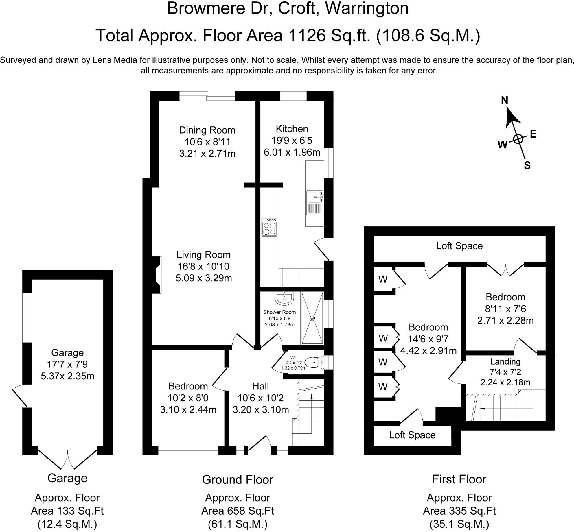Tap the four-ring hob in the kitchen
[x=269, y=228]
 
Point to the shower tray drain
[x=312, y=318]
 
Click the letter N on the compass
[x=504, y=100]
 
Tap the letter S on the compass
[x=527, y=166]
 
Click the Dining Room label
[x=207, y=130]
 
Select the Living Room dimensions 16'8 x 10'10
[x=203, y=266]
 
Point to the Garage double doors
[x=68, y=459]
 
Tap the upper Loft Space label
[x=459, y=246]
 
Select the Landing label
[x=505, y=362]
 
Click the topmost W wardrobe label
[x=383, y=279]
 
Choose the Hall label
[x=260, y=386]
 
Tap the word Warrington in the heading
[x=367, y=9]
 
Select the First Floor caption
[x=459, y=479]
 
